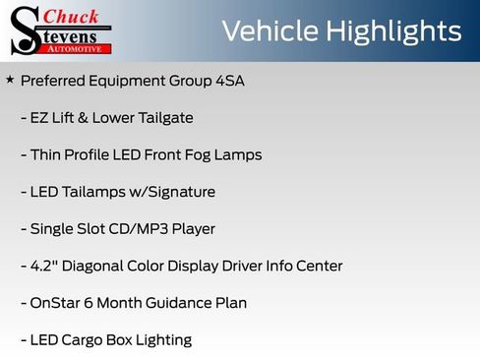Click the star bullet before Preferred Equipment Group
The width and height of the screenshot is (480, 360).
point(10,80)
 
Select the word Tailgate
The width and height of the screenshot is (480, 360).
point(165,118)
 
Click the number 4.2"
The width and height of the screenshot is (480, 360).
point(47,266)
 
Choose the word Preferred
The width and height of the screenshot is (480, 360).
point(55,81)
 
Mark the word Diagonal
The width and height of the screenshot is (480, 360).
point(99,266)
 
